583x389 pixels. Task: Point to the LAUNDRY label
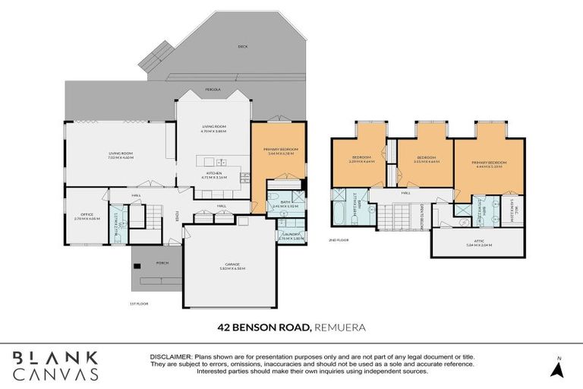coord(290,233)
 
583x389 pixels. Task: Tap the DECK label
coord(243,46)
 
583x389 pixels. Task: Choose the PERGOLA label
coord(213,89)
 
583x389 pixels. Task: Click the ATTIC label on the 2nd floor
coord(478,240)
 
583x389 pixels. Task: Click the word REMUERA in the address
coord(342,327)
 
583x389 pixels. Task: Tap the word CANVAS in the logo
coord(56,373)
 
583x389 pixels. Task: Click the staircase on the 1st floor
coord(153,216)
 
